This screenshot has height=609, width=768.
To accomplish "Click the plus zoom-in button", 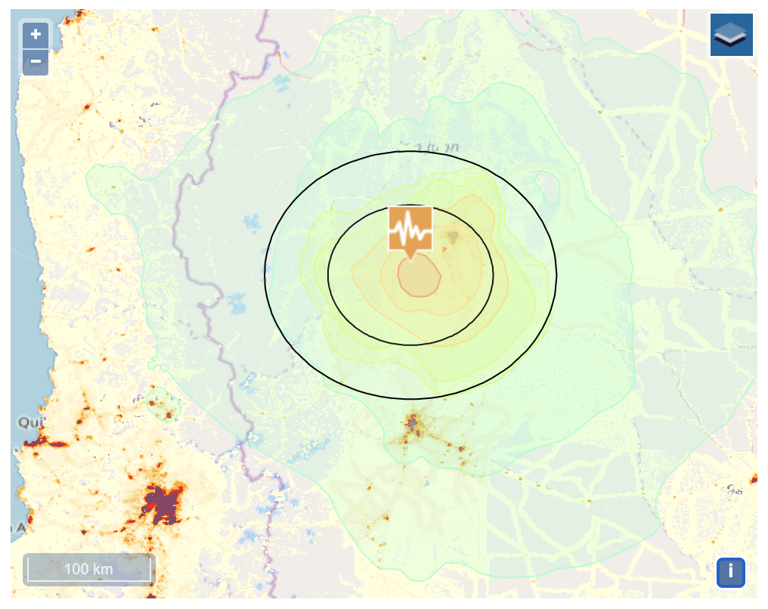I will click(36, 34).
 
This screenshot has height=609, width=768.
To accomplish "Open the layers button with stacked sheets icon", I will click(731, 35).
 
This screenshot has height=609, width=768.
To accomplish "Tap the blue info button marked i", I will click(730, 571).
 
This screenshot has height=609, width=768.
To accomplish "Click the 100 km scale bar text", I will click(88, 569).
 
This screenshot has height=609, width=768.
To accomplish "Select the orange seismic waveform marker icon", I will click(410, 227).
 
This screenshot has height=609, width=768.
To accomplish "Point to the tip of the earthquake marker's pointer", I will click(410, 259).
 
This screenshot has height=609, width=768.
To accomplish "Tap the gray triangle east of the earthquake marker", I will click(453, 237).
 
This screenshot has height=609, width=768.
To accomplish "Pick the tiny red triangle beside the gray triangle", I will click(444, 249).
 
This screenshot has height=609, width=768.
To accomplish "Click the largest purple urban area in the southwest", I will click(163, 504).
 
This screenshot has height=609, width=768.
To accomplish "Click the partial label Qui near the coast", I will click(29, 422).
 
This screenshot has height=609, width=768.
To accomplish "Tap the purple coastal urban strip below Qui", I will click(34, 442).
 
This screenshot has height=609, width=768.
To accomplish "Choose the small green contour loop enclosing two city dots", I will click(162, 405).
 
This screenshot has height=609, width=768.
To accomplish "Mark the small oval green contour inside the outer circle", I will click(547, 182).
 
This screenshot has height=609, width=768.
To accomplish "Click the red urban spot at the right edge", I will click(754, 478).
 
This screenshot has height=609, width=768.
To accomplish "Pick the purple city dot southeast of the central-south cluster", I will click(460, 448).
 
